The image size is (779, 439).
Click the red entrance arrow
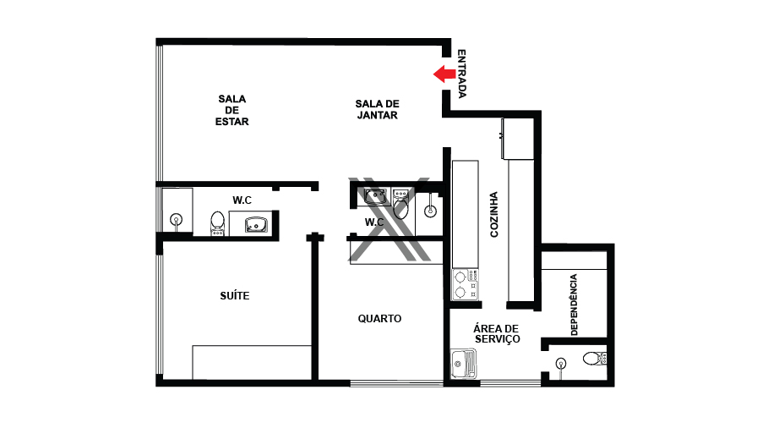(x=444, y=74)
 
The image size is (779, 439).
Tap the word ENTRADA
(x=461, y=74)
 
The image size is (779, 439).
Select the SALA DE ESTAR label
(x=232, y=110)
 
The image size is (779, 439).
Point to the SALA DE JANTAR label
(x=377, y=109)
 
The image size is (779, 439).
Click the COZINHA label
(x=493, y=215)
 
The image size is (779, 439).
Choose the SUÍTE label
(x=235, y=296)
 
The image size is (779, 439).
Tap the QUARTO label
(x=379, y=319)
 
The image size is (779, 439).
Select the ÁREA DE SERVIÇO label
(x=497, y=333)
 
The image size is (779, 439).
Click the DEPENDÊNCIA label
(x=575, y=305)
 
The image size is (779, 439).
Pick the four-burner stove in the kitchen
(x=466, y=284)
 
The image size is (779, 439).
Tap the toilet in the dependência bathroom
(x=595, y=358)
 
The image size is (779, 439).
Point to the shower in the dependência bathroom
(x=561, y=365)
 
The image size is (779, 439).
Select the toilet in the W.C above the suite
(x=217, y=223)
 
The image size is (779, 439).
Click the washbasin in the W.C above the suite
(x=256, y=225)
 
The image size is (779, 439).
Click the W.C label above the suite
(x=242, y=200)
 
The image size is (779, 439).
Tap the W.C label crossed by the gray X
(x=374, y=222)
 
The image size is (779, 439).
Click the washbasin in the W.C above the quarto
(x=374, y=197)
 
